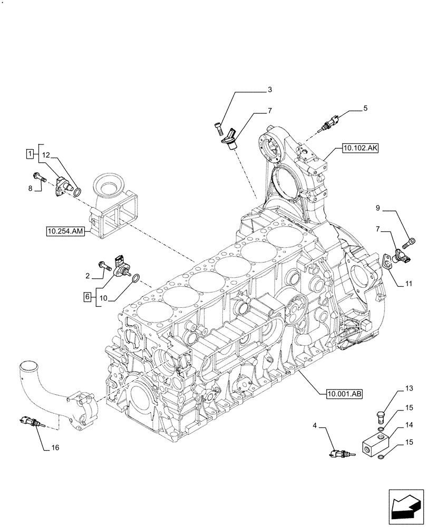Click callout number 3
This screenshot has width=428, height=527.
coord(269,90)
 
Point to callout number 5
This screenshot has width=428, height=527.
coord(365,109)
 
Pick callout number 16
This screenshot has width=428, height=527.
coord(55,448)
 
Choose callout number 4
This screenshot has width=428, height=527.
coord(316,425)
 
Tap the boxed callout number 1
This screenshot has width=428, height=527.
coord(31,153)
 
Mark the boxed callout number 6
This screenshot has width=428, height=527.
coord(86,297)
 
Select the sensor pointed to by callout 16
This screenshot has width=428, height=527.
coord(30,421)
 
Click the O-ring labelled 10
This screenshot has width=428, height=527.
coord(135,279)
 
